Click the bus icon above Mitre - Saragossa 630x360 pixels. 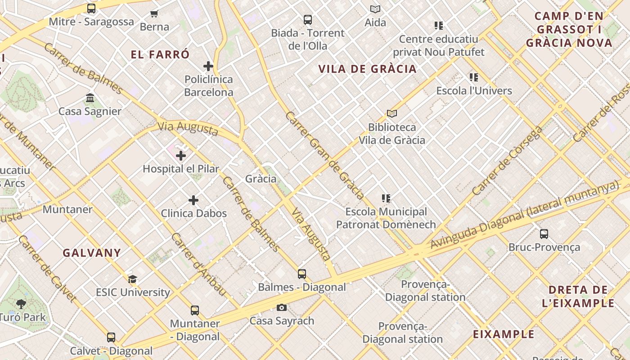[91, 8]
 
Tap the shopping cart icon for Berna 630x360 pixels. [154, 13]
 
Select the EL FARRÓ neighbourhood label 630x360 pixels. [160, 55]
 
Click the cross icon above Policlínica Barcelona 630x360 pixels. [208, 66]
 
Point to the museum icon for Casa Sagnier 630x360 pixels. [90, 98]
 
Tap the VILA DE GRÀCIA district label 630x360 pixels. [367, 69]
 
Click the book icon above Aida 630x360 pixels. [375, 9]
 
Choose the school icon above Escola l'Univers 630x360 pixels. [474, 77]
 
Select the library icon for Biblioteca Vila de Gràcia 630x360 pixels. [391, 114]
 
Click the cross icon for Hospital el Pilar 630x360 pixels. [181, 156]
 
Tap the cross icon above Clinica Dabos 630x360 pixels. [193, 200]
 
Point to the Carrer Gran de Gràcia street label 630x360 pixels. [324, 155]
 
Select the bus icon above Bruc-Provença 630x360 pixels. [544, 234]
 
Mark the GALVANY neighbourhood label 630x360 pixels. [92, 253]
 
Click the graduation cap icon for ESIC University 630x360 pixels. [132, 279]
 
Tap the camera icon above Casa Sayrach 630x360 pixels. [282, 308]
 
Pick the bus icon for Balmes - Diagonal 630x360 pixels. [301, 274]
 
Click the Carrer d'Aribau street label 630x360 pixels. [198, 265]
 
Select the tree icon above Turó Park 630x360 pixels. [21, 304]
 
